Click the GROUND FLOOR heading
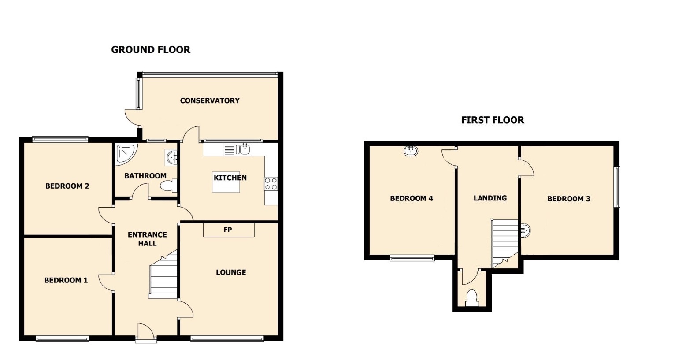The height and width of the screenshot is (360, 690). [151, 50]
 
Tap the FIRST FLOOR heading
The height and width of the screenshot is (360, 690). [492, 120]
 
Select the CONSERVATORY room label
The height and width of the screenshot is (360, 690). [210, 101]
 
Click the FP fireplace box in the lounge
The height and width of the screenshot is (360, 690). [229, 230]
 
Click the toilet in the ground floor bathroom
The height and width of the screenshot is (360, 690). [168, 186]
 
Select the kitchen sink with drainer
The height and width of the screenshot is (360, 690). [237, 149]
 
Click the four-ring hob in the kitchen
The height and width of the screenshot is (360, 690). [271, 184]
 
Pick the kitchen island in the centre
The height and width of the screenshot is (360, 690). [226, 182]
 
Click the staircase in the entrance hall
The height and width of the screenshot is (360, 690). [163, 275]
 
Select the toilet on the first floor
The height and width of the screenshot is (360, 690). [471, 298]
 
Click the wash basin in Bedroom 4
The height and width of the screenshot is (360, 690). [411, 151]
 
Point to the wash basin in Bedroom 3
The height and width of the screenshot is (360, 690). [526, 230]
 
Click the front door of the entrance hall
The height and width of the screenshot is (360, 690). [146, 333]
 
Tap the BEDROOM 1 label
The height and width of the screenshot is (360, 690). [66, 280]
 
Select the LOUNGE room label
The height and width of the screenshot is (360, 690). [231, 272]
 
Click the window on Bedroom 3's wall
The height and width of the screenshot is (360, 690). [617, 187]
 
